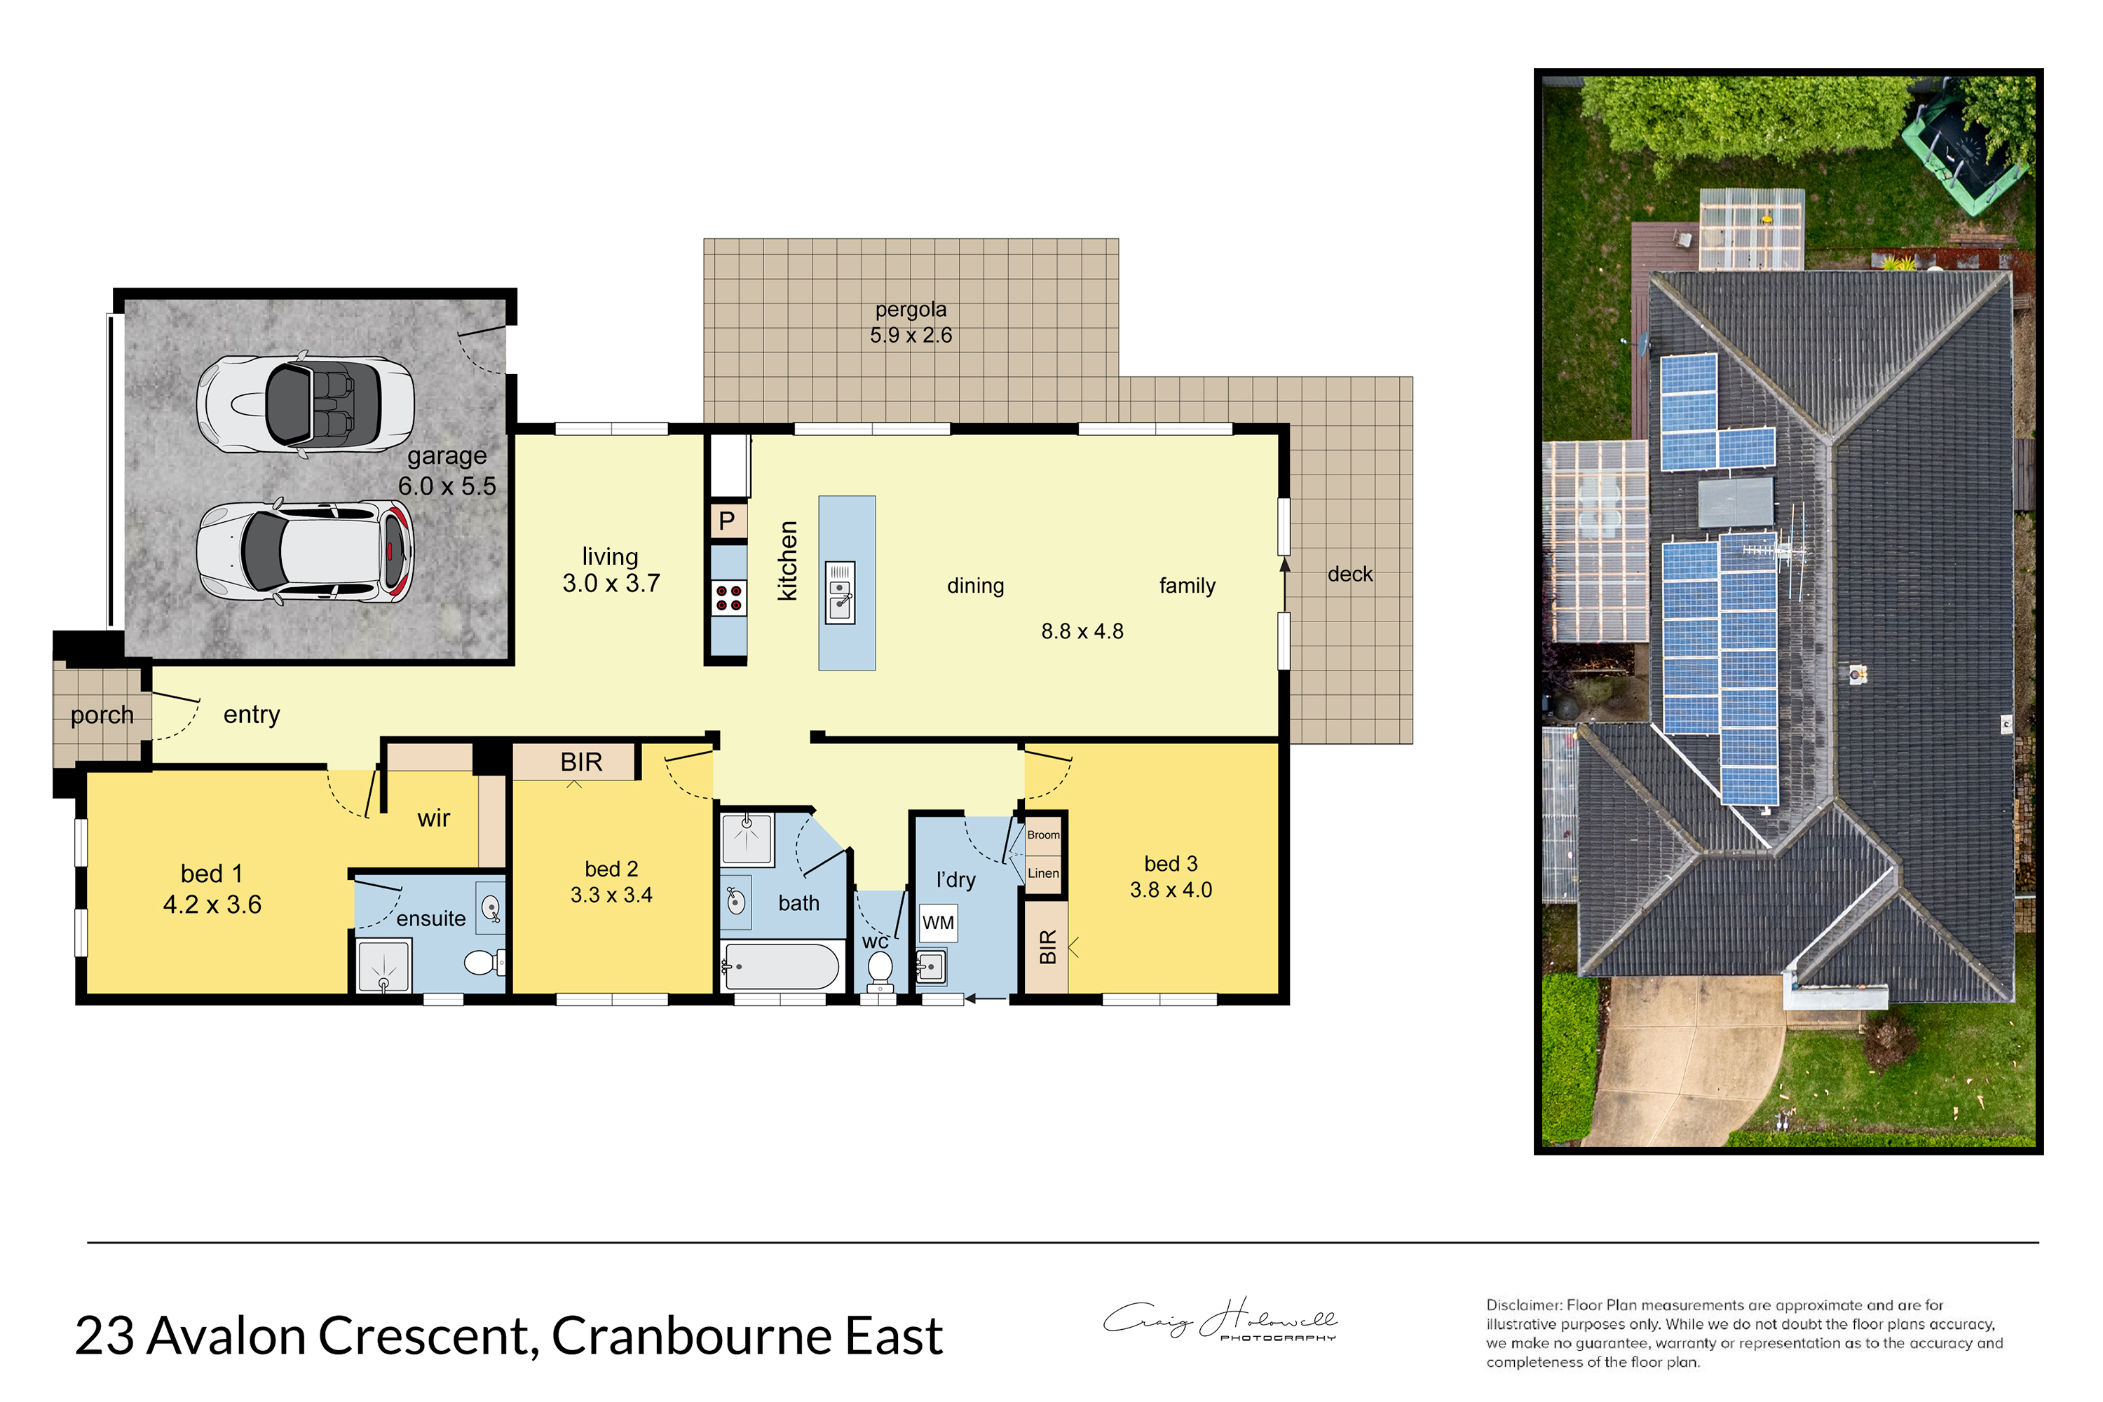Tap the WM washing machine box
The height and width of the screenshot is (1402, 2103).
coord(937,923)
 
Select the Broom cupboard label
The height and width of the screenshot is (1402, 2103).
coord(1043,834)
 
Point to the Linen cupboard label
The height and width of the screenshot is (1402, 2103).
coord(1043,873)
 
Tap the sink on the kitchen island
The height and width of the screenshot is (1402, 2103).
coord(840,592)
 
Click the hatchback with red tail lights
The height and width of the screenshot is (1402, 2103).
coord(305,551)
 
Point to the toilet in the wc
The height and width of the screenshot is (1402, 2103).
coord(880,971)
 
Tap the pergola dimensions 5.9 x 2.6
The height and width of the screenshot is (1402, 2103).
coord(911,336)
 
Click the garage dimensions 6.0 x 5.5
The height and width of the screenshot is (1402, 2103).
coord(447,486)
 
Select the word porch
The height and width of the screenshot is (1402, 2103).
coord(102,715)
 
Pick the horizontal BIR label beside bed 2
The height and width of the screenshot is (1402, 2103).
coord(581,762)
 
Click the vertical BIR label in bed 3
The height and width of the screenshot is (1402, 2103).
coord(1047,947)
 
